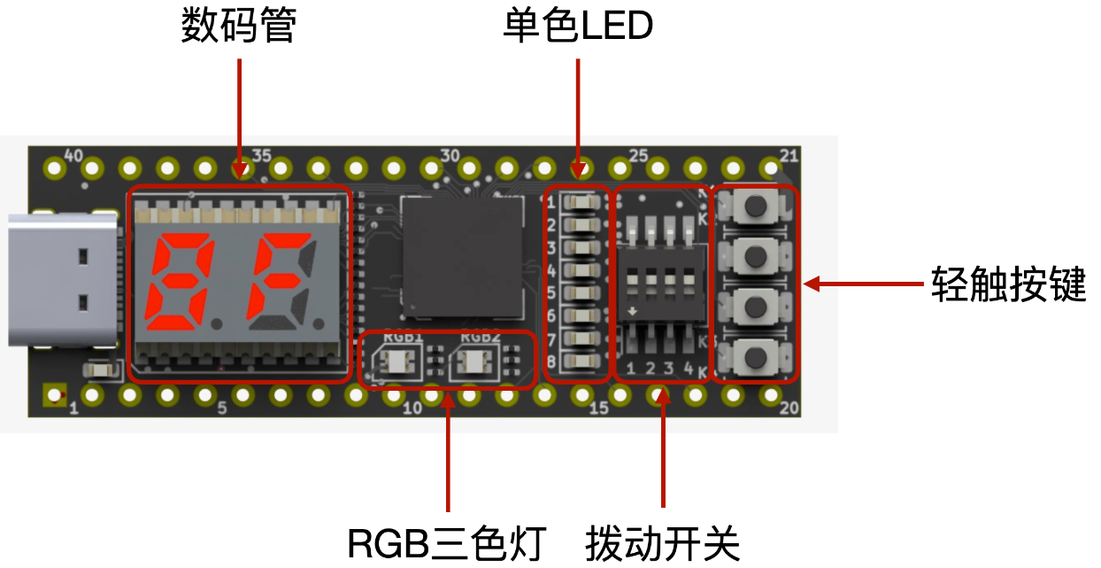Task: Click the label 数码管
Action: coord(239,26)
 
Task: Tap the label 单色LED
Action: coord(578,26)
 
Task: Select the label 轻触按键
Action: coord(1009,284)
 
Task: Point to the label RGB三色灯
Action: coord(447,543)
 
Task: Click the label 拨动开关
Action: coord(663,543)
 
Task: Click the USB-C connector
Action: coord(63,280)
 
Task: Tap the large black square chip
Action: coord(463,257)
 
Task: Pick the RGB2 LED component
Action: coord(474,362)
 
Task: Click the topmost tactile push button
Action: coord(756,205)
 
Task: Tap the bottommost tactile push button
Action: coord(756,357)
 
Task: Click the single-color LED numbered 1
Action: coord(582,202)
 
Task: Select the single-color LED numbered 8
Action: coord(582,362)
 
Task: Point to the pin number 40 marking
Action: coord(73,156)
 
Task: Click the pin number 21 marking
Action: coord(789,156)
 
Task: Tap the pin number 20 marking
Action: coord(789,408)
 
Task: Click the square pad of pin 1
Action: coord(55,395)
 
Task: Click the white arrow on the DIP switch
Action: coord(633,311)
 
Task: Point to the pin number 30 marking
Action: coord(450,156)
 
